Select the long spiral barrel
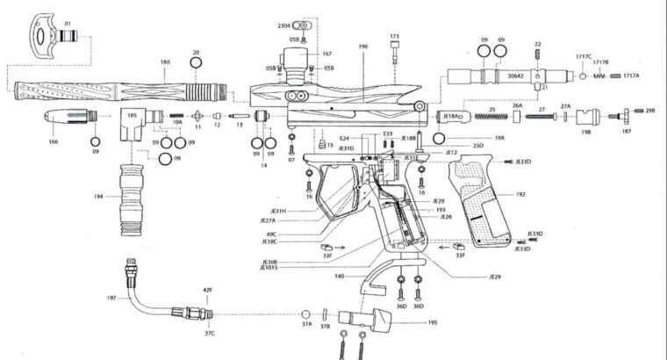(x=123, y=90)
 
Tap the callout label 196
(x=363, y=46)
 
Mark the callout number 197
(x=111, y=299)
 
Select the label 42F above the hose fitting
(x=208, y=290)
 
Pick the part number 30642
(x=515, y=76)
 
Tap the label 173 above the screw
(x=394, y=36)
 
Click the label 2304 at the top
(x=283, y=27)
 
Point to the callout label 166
(x=53, y=140)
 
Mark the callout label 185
(x=133, y=115)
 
